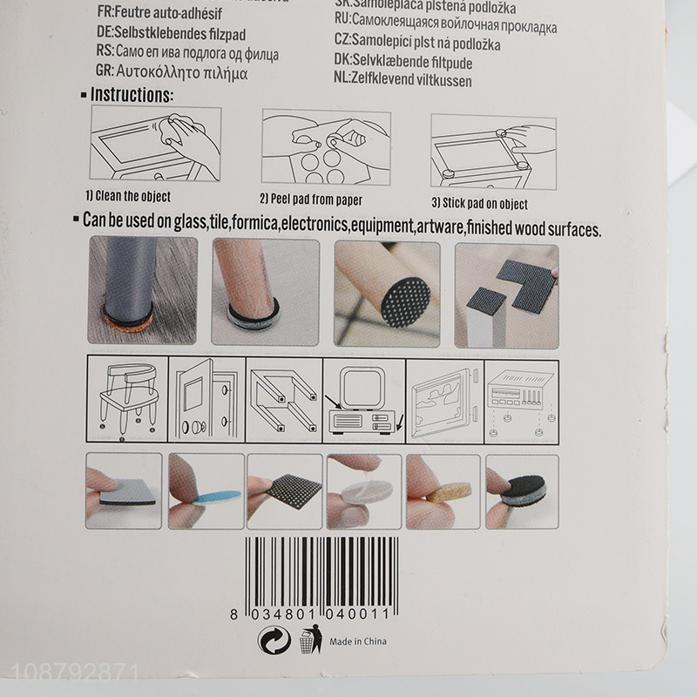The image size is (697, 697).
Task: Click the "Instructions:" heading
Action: coord(131,94)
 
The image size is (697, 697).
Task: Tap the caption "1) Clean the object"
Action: coord(127,197)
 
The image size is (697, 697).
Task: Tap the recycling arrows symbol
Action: coord(271,641)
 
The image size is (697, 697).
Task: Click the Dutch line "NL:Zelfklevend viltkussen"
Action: coord(402,81)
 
